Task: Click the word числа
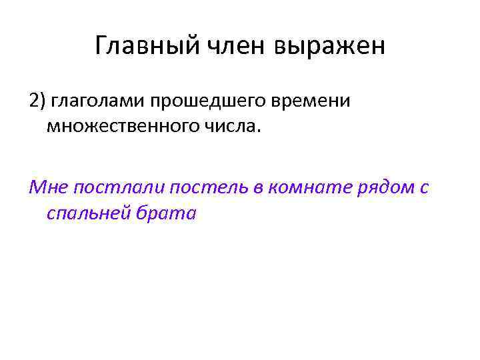tap(230, 126)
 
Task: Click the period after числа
tap(253, 131)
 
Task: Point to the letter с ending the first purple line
tap(425, 189)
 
